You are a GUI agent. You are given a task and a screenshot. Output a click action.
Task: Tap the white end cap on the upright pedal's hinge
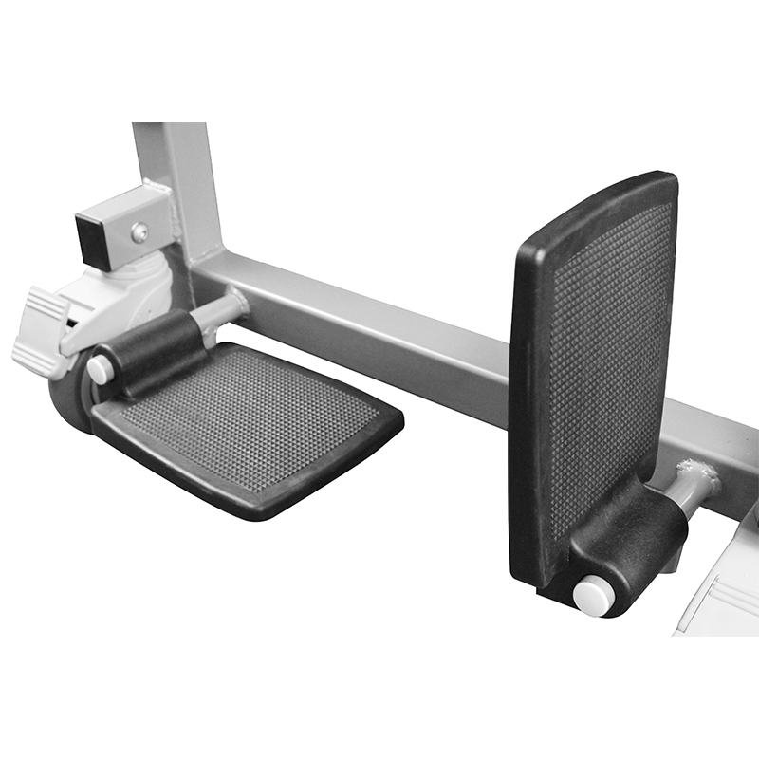pyautogui.click(x=593, y=595)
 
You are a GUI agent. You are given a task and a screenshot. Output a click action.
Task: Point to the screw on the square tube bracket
pyautogui.click(x=139, y=231)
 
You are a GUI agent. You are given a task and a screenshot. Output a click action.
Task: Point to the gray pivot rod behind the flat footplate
pyautogui.click(x=221, y=310)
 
